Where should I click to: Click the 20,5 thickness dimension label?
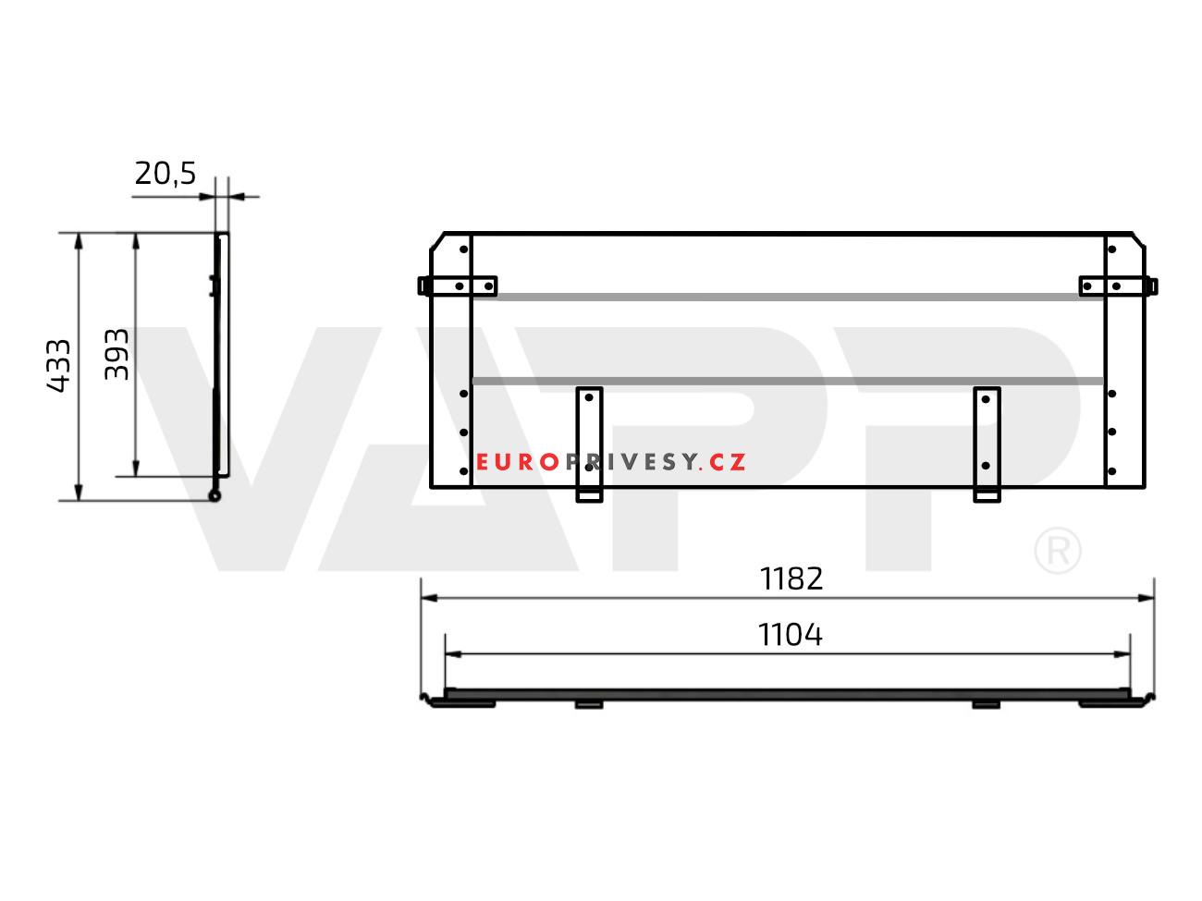coord(165,174)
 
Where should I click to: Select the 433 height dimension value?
coord(58,365)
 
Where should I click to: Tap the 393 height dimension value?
coord(117,354)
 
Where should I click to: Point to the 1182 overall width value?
coord(791,578)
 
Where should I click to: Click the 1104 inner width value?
coord(790,635)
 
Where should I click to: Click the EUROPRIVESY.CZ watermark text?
coord(610,462)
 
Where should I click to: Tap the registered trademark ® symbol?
coord(1058,551)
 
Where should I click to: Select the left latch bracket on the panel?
coord(458,286)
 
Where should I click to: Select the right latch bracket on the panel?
coord(1118,286)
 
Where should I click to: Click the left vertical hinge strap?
coord(589,444)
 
